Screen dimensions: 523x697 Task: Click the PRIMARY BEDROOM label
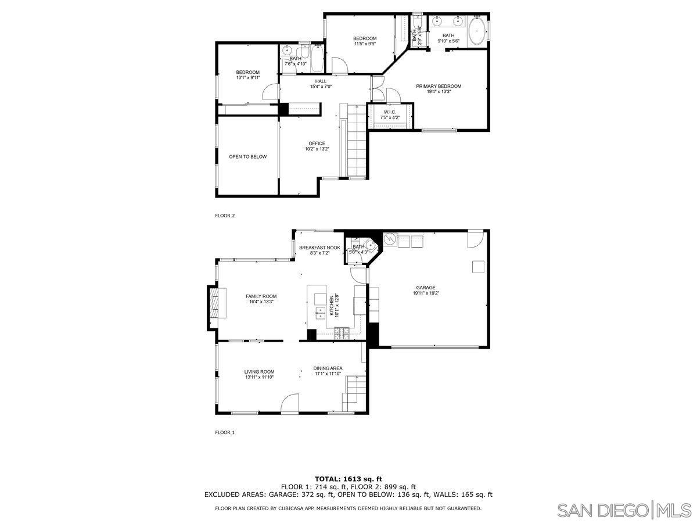(x=439, y=86)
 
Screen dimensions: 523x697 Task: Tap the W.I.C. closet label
(x=390, y=112)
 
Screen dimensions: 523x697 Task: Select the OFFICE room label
(x=317, y=144)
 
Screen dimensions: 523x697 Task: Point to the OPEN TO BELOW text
(x=247, y=156)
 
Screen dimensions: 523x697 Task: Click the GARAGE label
(x=425, y=288)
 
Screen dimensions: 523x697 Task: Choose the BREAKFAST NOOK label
(x=319, y=248)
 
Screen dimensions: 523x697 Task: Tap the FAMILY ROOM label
(x=261, y=296)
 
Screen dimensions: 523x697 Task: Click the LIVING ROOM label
(x=259, y=372)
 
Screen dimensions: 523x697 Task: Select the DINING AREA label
(x=328, y=368)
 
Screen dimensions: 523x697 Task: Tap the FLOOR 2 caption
(x=225, y=216)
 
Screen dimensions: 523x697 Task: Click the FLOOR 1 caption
(x=225, y=432)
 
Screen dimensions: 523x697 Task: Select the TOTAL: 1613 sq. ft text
(x=348, y=479)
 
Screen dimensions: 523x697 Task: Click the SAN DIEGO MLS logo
(x=624, y=510)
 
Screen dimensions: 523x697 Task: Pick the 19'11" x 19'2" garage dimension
(x=425, y=293)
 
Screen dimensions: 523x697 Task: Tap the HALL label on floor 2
(x=321, y=81)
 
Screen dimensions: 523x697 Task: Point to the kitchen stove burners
(x=342, y=332)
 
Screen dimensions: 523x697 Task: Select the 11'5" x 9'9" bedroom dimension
(x=365, y=44)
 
